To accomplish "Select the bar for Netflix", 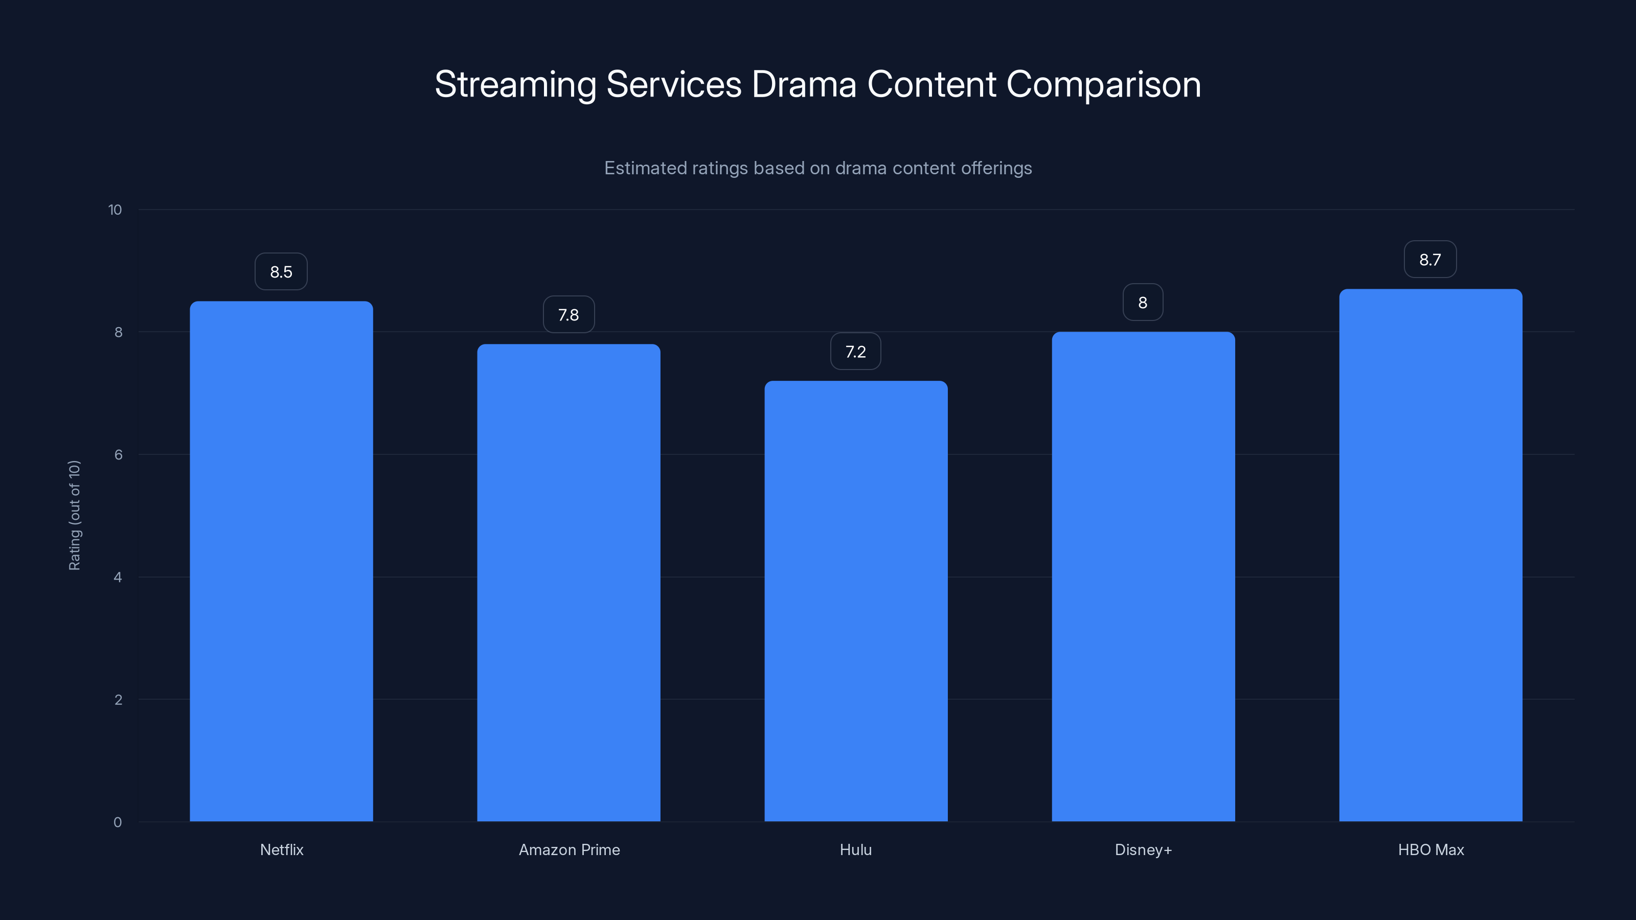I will point(281,561).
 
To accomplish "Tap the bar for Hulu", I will point(855,601).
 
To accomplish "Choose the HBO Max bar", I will point(1430,555).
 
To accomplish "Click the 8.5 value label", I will point(281,272).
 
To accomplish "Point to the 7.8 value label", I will point(569,315).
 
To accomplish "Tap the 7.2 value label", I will point(855,352).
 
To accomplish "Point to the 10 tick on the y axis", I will point(115,210).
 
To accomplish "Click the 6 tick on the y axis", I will point(118,454).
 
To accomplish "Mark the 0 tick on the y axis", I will point(118,822).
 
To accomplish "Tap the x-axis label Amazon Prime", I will point(569,849).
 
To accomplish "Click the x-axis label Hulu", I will point(855,849).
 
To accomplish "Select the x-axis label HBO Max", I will point(1430,849).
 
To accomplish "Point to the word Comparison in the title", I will point(1103,84).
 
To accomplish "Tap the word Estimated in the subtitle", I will point(645,168).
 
